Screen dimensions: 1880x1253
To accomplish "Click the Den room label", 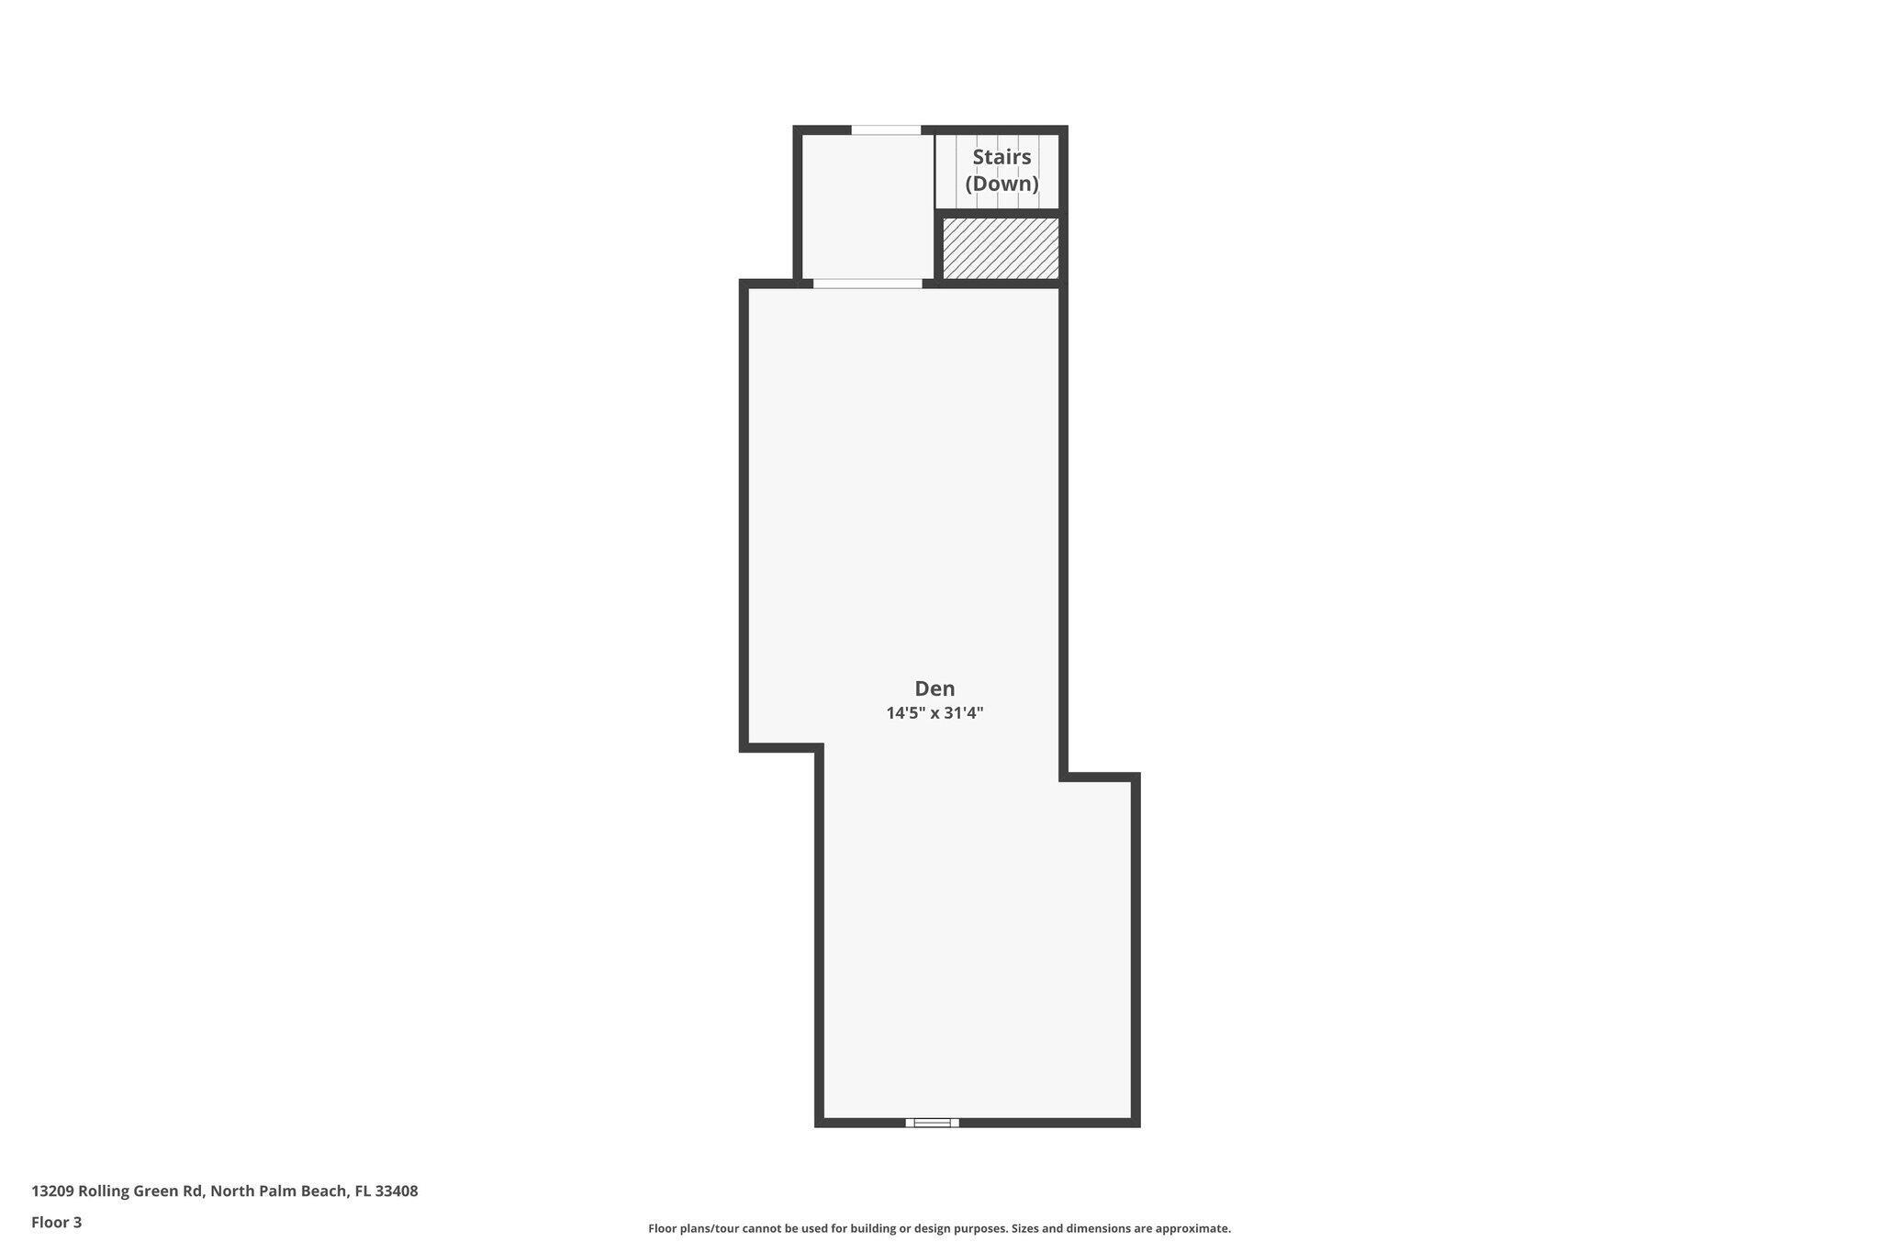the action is [x=934, y=688].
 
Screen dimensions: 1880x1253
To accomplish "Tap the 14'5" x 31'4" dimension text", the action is [x=934, y=713].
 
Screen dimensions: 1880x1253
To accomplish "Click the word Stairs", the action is [x=1002, y=157].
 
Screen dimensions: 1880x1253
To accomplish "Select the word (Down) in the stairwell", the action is [x=1002, y=184].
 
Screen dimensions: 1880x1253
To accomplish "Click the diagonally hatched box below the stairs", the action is [x=1001, y=248].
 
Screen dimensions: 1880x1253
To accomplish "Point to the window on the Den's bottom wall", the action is [x=932, y=1122].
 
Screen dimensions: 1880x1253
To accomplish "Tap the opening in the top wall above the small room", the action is [x=886, y=130].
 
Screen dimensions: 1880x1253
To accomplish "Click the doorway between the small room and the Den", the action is [x=867, y=284].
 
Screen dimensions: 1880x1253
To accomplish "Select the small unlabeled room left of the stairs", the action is [x=868, y=207].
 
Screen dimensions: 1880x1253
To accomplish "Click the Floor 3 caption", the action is [x=56, y=1223].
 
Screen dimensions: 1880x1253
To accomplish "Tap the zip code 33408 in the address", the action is [x=397, y=1191].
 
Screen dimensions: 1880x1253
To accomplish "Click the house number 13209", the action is [x=52, y=1191].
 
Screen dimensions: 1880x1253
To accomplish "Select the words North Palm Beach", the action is [x=279, y=1191].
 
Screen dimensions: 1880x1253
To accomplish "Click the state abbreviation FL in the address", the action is [x=363, y=1191].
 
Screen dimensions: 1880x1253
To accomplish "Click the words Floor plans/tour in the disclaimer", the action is [x=689, y=1228].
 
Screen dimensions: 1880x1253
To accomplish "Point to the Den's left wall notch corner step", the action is [x=818, y=748].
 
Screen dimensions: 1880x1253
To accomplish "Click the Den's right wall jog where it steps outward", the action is [x=1063, y=778].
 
